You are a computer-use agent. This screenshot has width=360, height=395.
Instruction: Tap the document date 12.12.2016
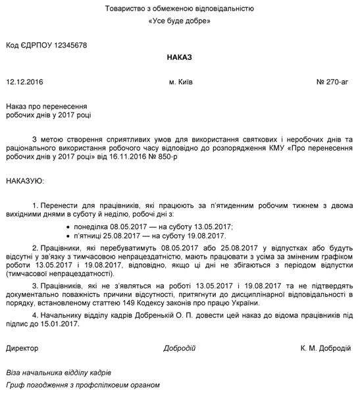[24, 83]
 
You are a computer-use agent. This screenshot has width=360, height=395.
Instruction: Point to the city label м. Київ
[180, 83]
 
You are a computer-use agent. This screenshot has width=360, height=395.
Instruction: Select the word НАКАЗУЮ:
[25, 180]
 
